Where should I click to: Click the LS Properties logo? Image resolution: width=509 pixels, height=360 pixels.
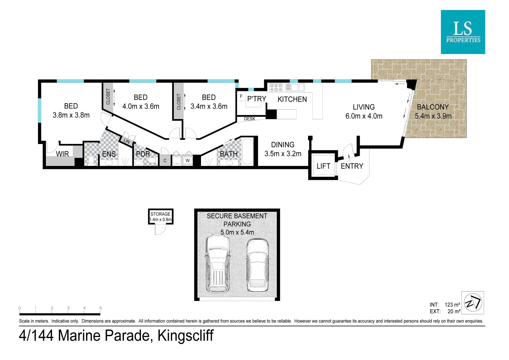click(463, 32)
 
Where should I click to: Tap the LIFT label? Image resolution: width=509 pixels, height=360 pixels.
click(323, 166)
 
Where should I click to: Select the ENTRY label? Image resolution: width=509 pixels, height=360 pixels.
click(352, 166)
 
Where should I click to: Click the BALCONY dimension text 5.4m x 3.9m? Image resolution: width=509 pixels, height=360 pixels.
click(433, 116)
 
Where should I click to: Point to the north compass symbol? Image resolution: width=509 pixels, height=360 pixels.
click(473, 303)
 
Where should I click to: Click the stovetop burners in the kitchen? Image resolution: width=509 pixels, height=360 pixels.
click(276, 88)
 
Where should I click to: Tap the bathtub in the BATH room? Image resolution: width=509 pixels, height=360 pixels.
click(247, 152)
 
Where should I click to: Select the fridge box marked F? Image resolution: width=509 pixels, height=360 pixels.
click(241, 96)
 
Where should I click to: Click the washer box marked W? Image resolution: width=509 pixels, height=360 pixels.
click(188, 161)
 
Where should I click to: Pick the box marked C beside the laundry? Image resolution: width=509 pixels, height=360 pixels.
click(165, 161)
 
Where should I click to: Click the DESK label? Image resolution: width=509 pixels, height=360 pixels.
click(250, 119)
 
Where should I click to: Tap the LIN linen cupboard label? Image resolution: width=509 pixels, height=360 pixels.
click(127, 141)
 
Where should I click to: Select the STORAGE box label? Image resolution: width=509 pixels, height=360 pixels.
click(160, 214)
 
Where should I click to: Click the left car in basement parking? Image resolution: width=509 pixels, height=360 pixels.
click(218, 263)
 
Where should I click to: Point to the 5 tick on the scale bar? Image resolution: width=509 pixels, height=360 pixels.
click(100, 308)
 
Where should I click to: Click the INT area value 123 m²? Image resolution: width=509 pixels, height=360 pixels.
click(452, 305)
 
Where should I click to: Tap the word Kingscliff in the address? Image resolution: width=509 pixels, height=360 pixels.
click(185, 336)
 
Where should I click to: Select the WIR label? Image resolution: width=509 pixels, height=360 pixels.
click(62, 154)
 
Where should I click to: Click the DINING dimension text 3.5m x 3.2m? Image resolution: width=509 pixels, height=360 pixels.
click(283, 154)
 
